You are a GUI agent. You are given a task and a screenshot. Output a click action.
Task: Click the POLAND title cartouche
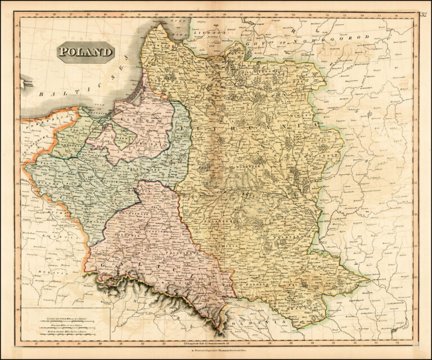click(85, 53)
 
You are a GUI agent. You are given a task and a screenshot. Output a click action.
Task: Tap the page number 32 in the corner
click(422, 15)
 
